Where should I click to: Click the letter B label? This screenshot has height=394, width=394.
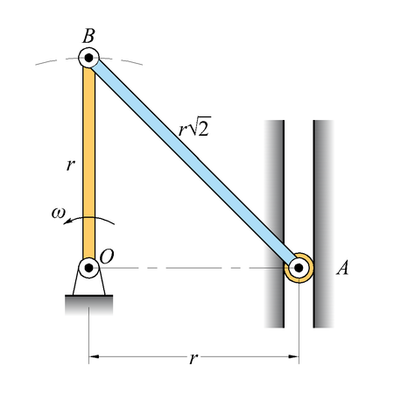coord(88,36)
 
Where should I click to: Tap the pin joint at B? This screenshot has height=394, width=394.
coord(89,58)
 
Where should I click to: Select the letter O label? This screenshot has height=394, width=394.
coord(107,257)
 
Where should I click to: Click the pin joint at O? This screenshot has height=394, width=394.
coord(89,268)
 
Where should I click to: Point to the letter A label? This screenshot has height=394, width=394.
coord(342,268)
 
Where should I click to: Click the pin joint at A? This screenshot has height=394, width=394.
coord(299,268)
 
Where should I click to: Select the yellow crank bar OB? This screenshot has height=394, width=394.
coord(89,163)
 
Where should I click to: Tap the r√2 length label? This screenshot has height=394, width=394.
coord(194,127)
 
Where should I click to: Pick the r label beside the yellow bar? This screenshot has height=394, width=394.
coord(70,165)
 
